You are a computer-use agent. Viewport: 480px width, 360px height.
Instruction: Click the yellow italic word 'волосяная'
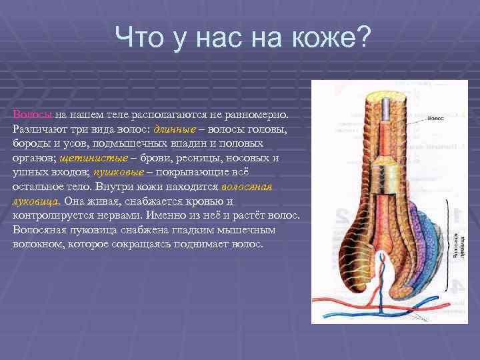(248, 187)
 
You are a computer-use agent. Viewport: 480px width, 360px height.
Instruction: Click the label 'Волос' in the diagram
(435, 117)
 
